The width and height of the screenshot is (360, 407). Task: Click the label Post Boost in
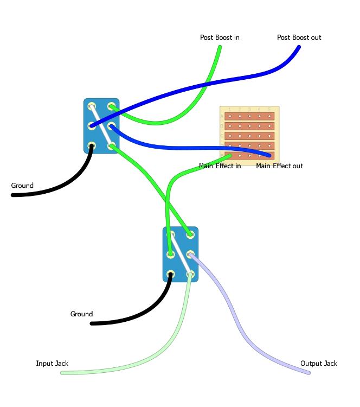click(x=220, y=37)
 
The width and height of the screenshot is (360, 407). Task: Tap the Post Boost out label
click(x=299, y=37)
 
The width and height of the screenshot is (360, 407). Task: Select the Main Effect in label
click(x=220, y=166)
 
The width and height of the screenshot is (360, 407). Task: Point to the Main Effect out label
click(x=279, y=166)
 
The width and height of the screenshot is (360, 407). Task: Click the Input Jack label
click(x=52, y=363)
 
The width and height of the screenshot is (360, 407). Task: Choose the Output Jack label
click(x=318, y=363)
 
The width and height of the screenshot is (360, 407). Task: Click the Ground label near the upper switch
click(x=22, y=186)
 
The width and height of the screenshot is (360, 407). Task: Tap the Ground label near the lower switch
click(x=81, y=314)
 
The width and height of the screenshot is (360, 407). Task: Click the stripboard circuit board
click(x=249, y=133)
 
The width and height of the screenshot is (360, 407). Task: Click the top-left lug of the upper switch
click(x=92, y=106)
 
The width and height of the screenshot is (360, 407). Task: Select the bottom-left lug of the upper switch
click(x=92, y=146)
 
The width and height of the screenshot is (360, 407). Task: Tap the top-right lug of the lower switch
click(x=190, y=234)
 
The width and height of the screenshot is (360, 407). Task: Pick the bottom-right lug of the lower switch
click(x=190, y=275)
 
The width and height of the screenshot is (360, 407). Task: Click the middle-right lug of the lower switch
click(x=190, y=255)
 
